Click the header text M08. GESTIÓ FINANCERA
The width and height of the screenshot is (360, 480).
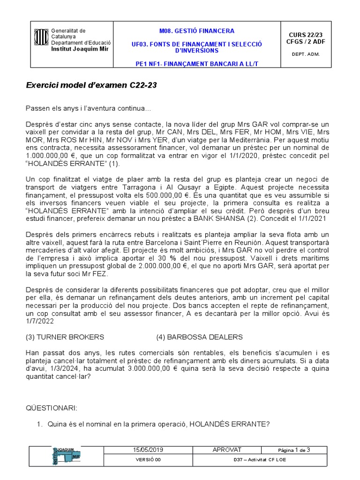click(196, 31)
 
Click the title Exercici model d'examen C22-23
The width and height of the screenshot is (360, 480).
click(91, 86)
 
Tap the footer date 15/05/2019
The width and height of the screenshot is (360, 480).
click(148, 450)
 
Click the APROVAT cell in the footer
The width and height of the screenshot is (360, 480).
click(227, 450)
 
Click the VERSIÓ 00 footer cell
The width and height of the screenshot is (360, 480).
click(148, 460)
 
